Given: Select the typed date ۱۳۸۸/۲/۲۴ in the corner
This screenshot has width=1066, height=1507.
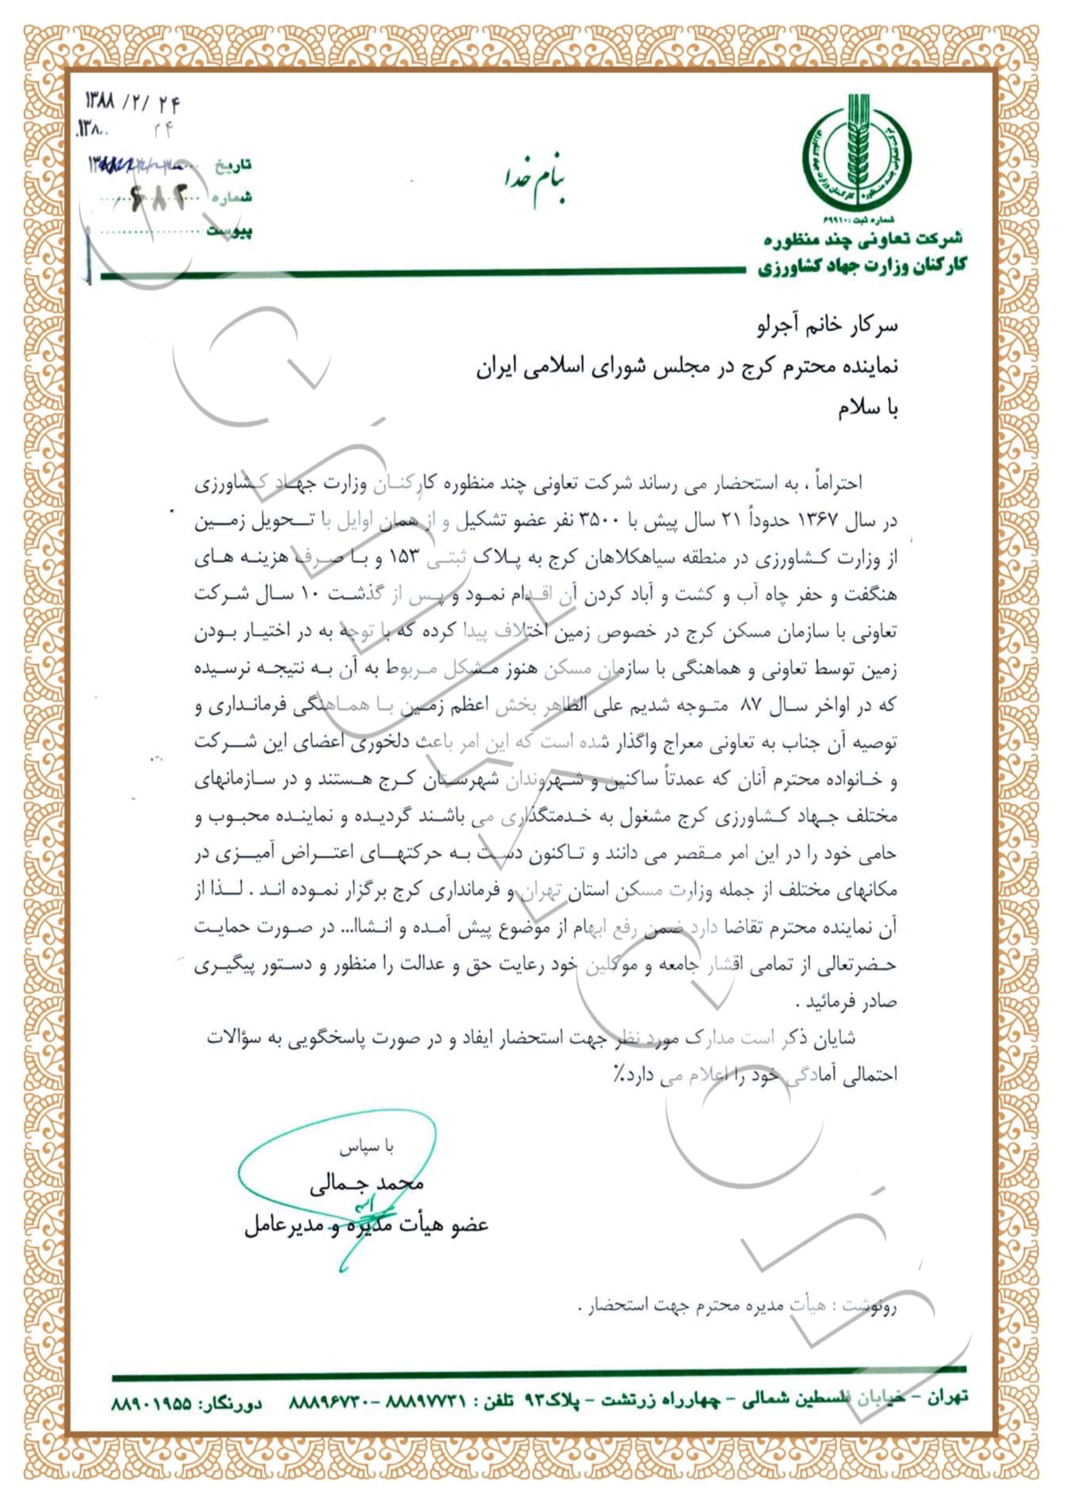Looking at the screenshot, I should pyautogui.click(x=133, y=103).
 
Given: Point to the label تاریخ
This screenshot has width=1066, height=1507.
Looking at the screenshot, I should pyautogui.click(x=233, y=165).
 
